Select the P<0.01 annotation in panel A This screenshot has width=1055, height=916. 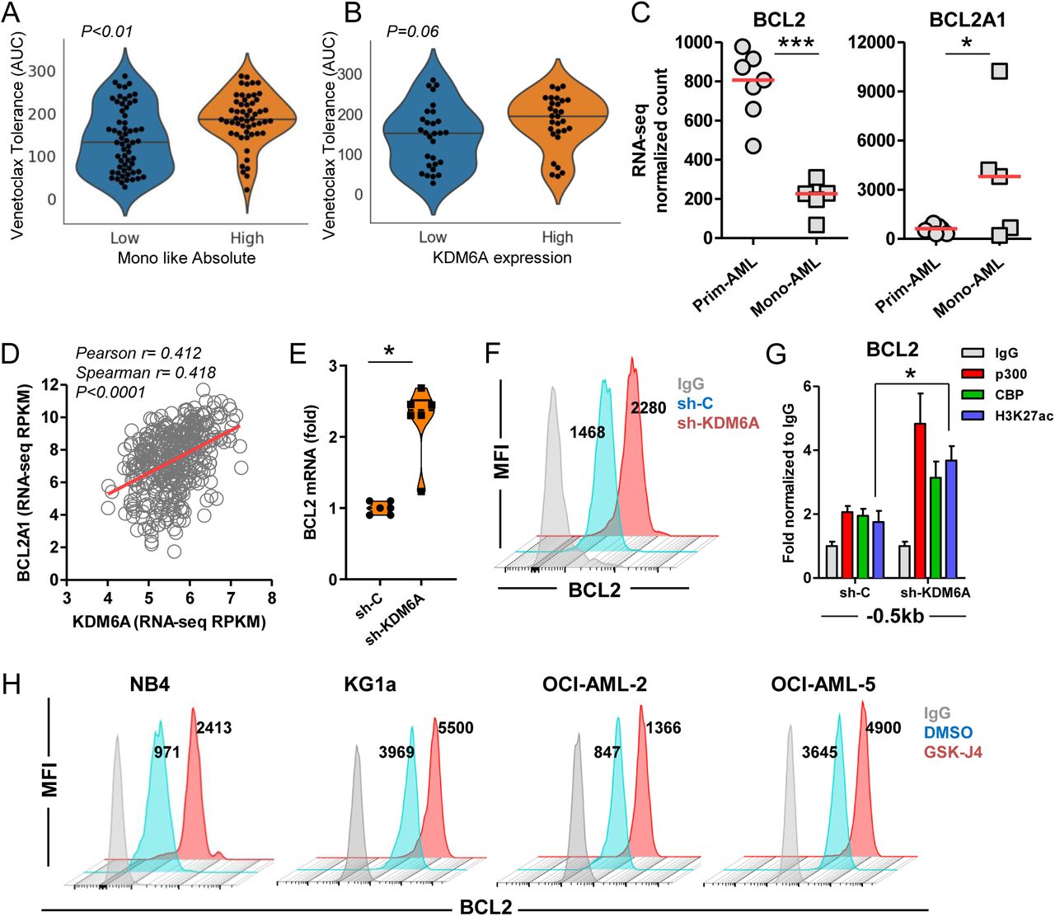[106, 32]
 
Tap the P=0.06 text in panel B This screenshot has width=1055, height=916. [412, 32]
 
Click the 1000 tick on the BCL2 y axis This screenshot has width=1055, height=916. [694, 43]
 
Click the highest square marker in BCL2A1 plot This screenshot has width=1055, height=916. [999, 71]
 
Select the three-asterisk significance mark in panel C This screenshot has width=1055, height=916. [796, 42]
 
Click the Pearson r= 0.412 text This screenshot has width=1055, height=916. [138, 354]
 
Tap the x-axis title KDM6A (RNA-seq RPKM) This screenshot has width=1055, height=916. [169, 622]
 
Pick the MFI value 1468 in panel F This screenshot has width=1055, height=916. [587, 432]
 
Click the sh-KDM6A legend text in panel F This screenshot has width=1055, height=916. [718, 424]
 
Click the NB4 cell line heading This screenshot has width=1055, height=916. [149, 684]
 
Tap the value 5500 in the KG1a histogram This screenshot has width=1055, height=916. [456, 729]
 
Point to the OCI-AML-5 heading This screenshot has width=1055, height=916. [823, 684]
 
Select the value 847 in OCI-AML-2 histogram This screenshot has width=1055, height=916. [607, 753]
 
